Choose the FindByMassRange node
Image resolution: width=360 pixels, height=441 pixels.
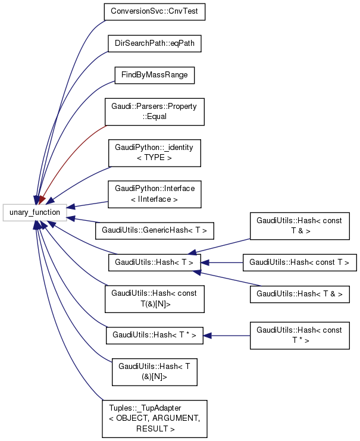point(154,76)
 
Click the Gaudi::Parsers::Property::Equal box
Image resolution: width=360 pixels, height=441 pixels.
point(154,111)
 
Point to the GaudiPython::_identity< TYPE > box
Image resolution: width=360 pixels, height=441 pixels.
point(154,152)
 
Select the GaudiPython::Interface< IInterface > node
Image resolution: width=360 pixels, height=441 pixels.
point(154,194)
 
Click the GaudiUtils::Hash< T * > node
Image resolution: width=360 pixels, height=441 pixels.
point(154,335)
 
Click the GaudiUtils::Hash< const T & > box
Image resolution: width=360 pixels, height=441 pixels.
point(299,226)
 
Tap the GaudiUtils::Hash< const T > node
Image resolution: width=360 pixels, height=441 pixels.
point(299,261)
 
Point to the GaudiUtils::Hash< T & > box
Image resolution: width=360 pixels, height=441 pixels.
point(299,293)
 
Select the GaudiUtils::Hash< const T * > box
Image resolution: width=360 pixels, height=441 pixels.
point(299,335)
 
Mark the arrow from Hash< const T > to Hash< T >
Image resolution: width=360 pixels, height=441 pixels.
point(223,261)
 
